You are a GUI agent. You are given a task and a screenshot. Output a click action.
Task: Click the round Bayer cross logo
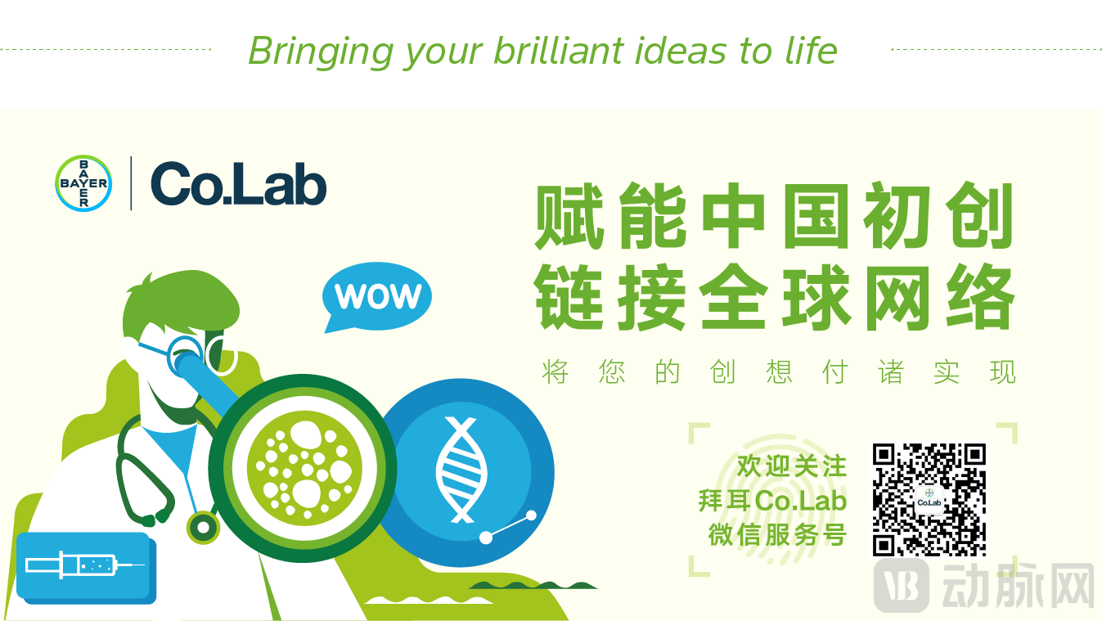(x=83, y=183)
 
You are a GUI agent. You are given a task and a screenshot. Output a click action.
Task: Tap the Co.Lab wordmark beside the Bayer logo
(x=239, y=184)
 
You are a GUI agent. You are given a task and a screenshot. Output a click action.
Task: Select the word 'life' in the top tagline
(x=811, y=50)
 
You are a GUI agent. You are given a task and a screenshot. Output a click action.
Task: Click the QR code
(x=929, y=500)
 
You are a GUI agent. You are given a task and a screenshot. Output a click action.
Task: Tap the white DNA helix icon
(x=461, y=470)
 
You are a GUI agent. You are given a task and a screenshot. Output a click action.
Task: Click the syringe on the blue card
(x=84, y=565)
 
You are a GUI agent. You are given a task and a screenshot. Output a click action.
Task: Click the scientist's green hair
(x=182, y=300)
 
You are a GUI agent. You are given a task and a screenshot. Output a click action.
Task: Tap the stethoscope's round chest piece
(x=203, y=528)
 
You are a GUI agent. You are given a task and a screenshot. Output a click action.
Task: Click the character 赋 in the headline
(x=569, y=216)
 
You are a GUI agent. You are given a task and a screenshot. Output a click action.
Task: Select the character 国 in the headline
(x=816, y=216)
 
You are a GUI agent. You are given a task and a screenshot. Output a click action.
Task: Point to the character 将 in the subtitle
(x=555, y=371)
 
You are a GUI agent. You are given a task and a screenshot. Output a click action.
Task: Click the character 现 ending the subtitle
(x=1003, y=371)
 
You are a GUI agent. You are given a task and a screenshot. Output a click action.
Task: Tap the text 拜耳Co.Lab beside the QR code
(x=772, y=501)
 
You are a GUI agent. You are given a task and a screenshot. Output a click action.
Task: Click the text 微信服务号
(x=777, y=535)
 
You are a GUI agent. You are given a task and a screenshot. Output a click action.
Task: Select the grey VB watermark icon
(x=902, y=586)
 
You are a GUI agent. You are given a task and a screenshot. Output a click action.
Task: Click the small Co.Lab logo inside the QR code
(x=929, y=499)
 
